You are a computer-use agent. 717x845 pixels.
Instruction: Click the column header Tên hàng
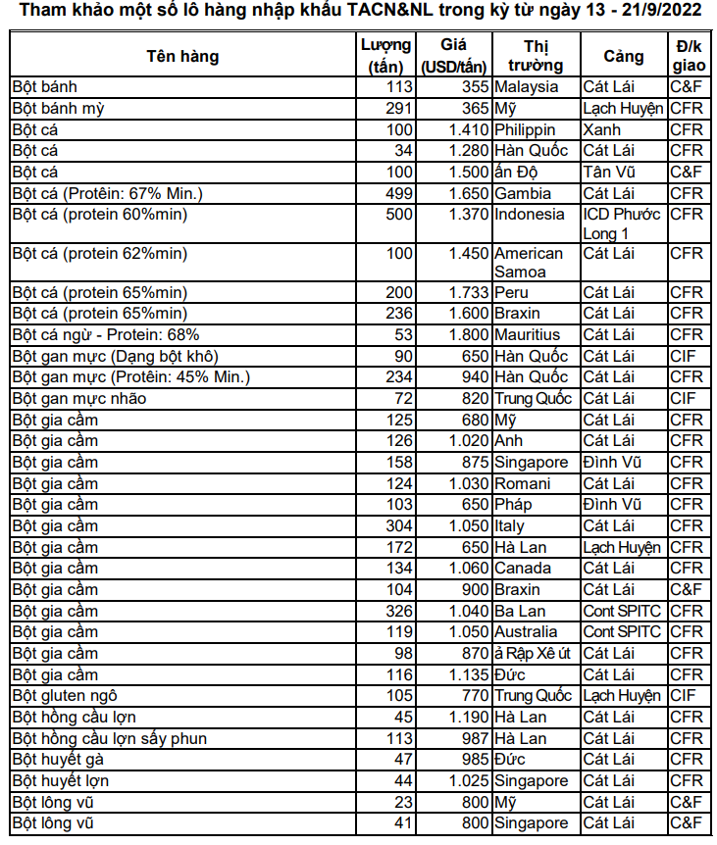click(x=182, y=56)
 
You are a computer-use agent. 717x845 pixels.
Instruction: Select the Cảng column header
click(x=624, y=56)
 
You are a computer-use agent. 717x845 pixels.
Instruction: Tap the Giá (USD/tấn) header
click(x=453, y=56)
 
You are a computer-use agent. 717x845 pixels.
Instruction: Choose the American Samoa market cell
click(x=529, y=263)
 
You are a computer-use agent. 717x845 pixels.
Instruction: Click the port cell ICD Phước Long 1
click(x=622, y=224)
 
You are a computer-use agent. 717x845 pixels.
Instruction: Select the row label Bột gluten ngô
click(x=65, y=695)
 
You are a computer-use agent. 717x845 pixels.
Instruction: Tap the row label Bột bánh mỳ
click(x=59, y=108)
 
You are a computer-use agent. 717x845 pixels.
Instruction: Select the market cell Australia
click(x=526, y=631)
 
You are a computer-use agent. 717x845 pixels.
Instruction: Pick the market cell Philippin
click(x=525, y=129)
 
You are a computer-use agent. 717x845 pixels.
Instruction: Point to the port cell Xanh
click(x=601, y=129)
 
